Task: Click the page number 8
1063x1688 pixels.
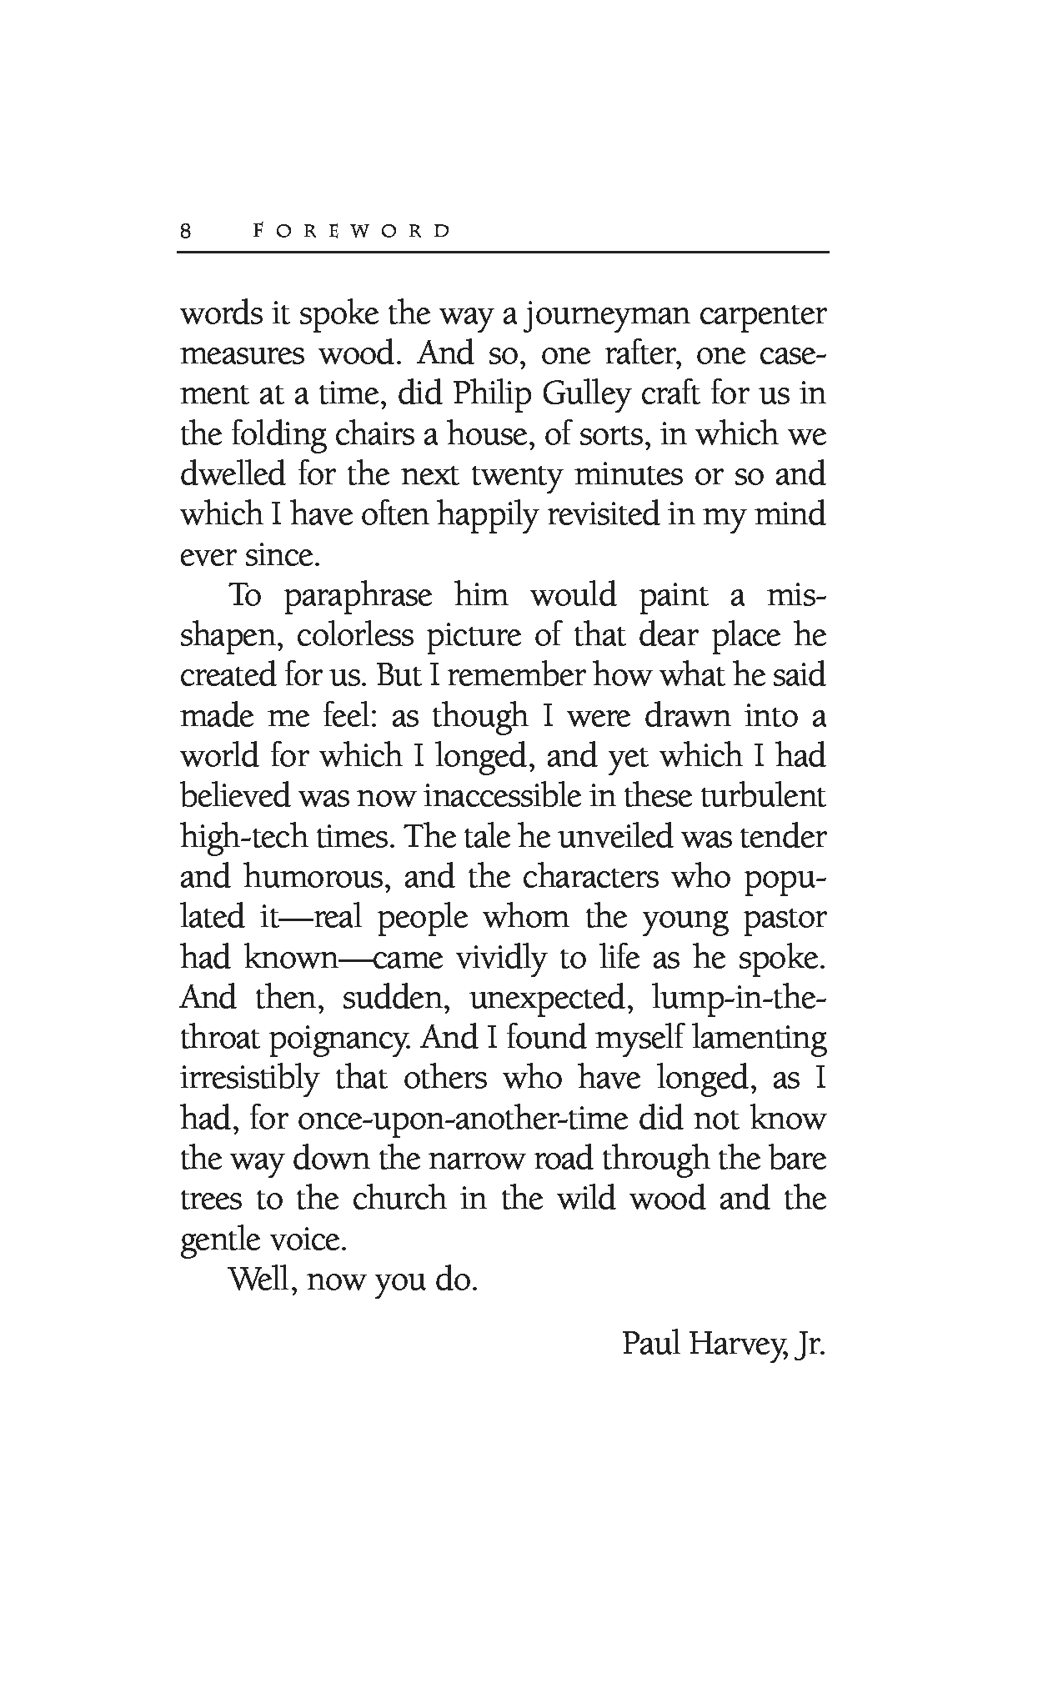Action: [x=186, y=232]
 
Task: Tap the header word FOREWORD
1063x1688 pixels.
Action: [x=351, y=231]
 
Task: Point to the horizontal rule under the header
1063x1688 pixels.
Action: [x=503, y=252]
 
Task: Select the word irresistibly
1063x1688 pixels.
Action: [x=250, y=1078]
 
